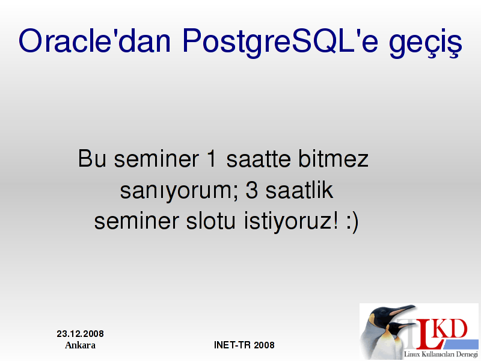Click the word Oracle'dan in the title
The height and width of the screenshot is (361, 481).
tap(94, 41)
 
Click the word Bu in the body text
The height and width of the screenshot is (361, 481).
tap(92, 158)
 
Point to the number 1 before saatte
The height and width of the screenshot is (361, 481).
tap(212, 158)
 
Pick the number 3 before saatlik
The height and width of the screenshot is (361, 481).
tap(251, 190)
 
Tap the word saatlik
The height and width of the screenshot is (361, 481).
tap(299, 190)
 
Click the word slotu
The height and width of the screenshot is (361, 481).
tap(211, 221)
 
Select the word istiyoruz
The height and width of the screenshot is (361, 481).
tap(291, 221)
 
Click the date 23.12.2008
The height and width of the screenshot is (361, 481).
tap(80, 334)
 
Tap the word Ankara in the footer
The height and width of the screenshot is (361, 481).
tap(80, 345)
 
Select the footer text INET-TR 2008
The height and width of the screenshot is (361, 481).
tap(244, 345)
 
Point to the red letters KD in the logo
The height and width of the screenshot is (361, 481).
tap(451, 329)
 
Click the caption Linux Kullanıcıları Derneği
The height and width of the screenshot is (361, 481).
tap(441, 354)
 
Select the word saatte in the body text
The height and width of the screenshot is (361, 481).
tap(259, 159)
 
